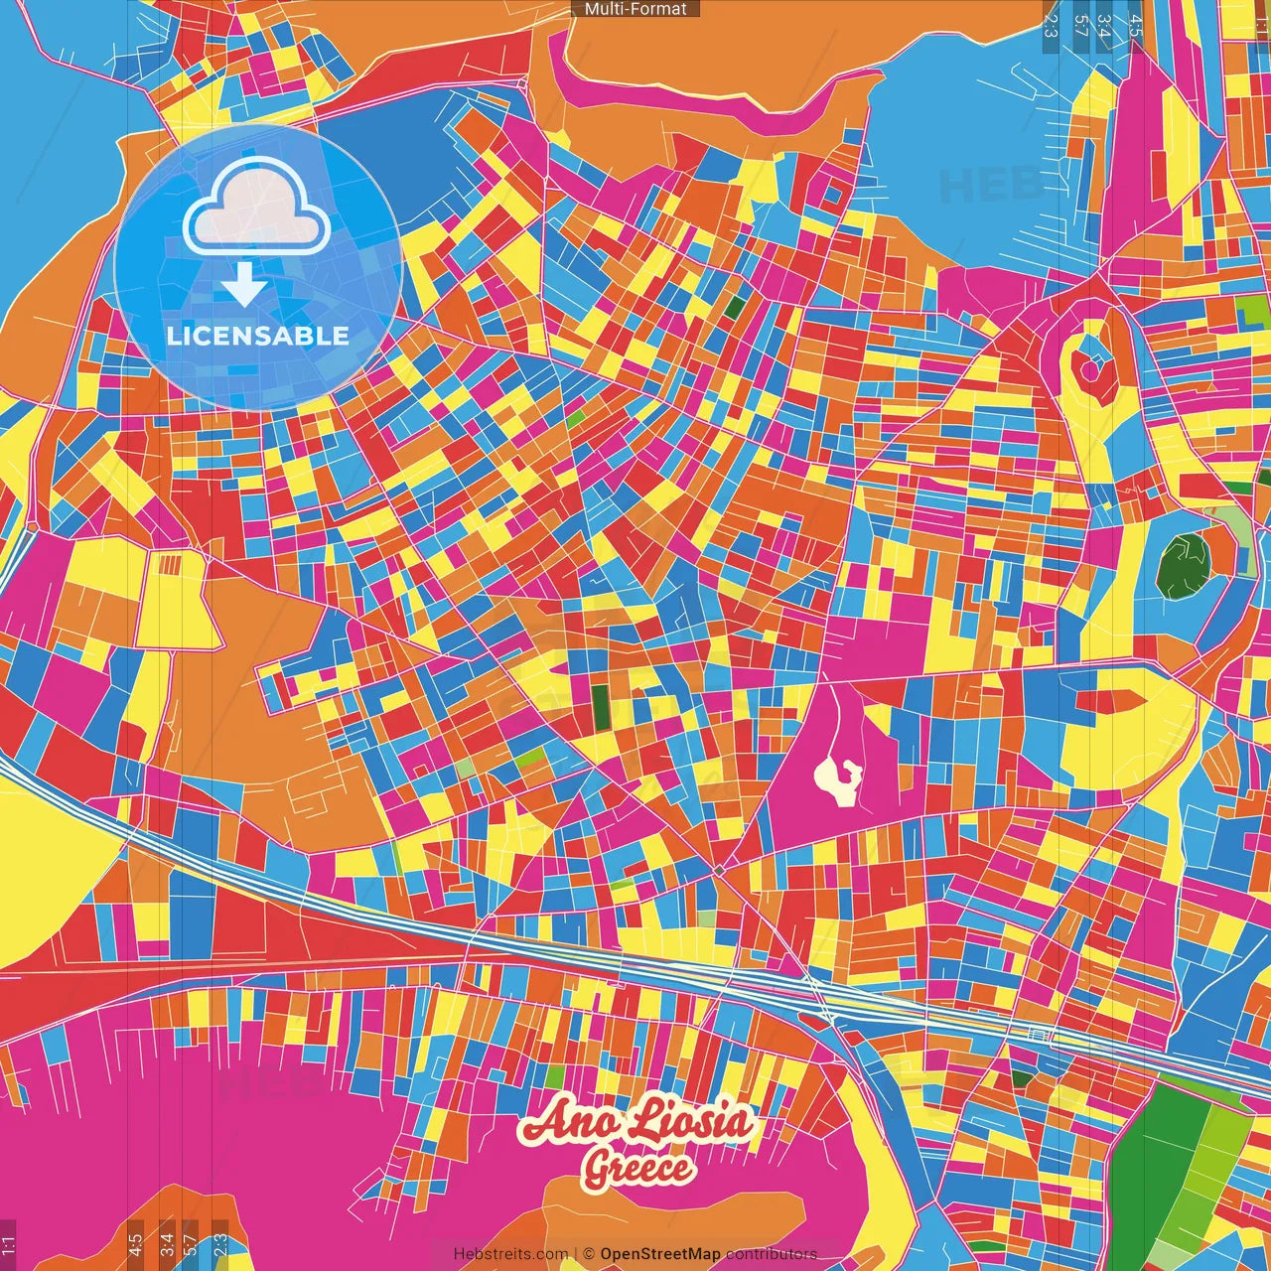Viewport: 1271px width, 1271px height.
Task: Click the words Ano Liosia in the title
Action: [x=636, y=1123]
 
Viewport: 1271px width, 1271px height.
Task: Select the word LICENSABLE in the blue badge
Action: [x=258, y=336]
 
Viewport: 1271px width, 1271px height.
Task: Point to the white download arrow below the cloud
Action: [x=243, y=284]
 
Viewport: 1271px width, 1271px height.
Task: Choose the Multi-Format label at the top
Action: [x=635, y=9]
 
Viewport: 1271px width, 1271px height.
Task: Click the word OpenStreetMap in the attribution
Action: [x=660, y=1254]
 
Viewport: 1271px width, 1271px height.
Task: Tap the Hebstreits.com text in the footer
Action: [x=510, y=1254]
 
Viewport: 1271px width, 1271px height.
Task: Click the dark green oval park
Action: [x=1185, y=564]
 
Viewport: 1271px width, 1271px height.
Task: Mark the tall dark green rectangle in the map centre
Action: [x=601, y=706]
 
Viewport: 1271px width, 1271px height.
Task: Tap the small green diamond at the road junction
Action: [x=719, y=870]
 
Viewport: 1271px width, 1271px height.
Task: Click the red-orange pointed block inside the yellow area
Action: [x=1106, y=701]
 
